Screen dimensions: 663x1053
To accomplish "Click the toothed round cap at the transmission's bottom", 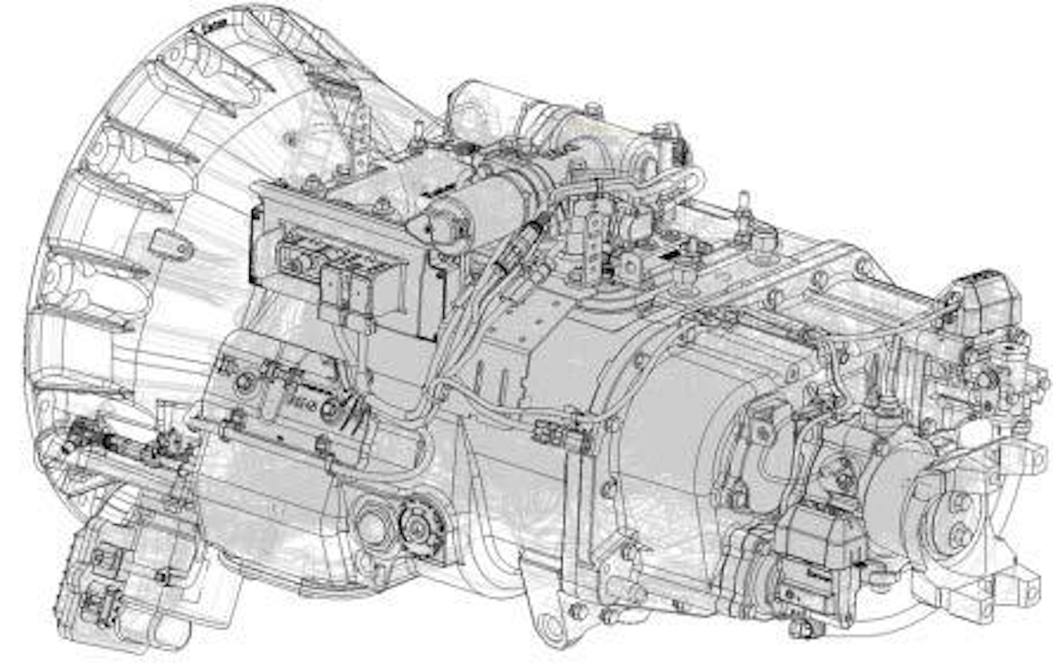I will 417,528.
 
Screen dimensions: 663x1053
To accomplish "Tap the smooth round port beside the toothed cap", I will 374,528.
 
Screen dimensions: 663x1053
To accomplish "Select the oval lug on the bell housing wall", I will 170,243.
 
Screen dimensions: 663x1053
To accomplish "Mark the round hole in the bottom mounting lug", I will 550,626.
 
